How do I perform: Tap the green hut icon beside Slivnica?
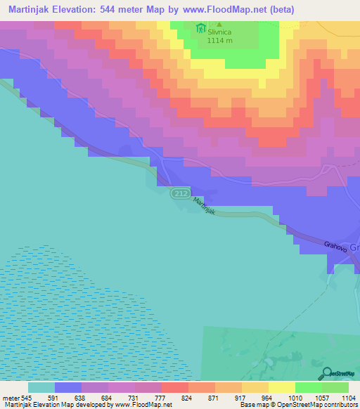point(202,29)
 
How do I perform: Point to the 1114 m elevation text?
point(223,41)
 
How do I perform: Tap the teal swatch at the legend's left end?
point(41,387)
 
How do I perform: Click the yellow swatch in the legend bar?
point(282,387)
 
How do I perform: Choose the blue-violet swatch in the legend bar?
point(68,387)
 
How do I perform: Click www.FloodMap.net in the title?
point(233,9)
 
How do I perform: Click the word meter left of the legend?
point(11,398)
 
